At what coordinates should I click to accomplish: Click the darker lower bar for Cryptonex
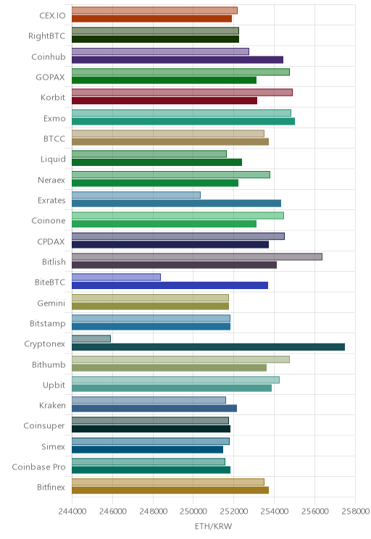coord(208,347)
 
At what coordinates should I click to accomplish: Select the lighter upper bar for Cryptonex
coord(91,338)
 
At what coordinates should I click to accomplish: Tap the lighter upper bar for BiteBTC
coord(116,277)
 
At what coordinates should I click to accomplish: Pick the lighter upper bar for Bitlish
coord(197,256)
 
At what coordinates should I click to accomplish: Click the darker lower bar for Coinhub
coord(178,60)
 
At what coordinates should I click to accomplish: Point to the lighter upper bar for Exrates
coord(136,195)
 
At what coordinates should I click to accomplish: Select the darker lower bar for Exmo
coord(183,121)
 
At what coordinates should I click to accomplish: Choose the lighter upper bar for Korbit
coord(182,92)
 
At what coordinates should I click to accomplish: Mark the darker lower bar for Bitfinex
coord(170,490)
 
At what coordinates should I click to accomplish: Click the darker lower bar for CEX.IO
coord(151,19)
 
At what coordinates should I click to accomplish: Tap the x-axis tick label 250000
coord(193,511)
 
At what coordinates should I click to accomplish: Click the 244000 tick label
coord(72,511)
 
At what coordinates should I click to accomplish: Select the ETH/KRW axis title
coord(214,526)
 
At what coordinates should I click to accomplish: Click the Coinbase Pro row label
coord(38,467)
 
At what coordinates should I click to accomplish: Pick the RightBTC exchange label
coord(47,35)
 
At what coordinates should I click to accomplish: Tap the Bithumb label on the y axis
coord(49,364)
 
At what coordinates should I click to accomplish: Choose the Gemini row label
coord(51,303)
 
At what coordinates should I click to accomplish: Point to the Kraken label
coord(52,405)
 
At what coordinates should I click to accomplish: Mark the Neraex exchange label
coord(51,180)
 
